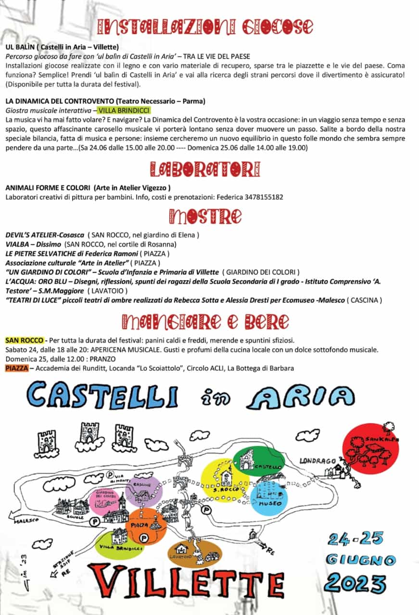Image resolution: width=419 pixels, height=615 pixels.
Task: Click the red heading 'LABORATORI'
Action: tap(205, 169)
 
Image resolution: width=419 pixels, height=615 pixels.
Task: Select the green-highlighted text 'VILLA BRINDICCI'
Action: tap(123, 111)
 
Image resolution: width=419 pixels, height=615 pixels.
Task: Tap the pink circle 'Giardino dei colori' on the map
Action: tap(104, 500)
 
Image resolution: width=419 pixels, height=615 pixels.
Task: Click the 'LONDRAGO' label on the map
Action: tap(317, 461)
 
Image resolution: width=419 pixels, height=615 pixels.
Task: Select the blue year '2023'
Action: tap(355, 583)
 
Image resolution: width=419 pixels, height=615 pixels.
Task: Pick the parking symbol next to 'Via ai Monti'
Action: tap(110, 474)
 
